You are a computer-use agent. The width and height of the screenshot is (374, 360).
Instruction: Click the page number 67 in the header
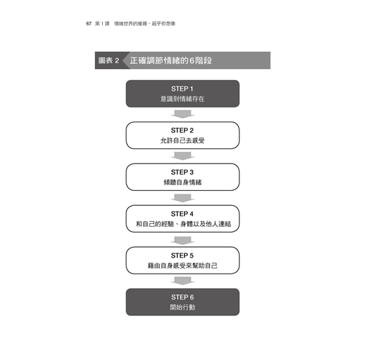pos(88,24)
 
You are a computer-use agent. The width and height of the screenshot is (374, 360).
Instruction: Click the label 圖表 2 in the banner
pos(109,60)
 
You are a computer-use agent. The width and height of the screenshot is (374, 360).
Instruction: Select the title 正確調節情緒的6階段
pos(171,60)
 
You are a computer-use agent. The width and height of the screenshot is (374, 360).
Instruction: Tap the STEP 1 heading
pos(182,89)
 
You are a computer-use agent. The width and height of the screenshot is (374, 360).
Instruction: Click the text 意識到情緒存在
pos(183,99)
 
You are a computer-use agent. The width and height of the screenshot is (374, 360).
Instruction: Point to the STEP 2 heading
pos(182,130)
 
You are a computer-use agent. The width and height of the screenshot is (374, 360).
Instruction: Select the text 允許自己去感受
pos(183,140)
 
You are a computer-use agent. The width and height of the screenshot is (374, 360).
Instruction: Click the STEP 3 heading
pos(182,172)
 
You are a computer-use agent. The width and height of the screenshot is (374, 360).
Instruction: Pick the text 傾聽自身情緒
pos(183,182)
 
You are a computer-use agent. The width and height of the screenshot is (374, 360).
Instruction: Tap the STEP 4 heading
pos(182,214)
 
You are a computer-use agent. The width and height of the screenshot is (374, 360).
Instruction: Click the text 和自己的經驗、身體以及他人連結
pos(183,224)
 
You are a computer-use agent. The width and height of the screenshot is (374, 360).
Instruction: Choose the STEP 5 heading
pos(182,256)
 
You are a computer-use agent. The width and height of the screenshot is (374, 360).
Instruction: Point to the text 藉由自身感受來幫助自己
pos(183,266)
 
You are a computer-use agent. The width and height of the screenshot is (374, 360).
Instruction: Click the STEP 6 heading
pos(183,297)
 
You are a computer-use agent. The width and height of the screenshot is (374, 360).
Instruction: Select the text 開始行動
pos(183,307)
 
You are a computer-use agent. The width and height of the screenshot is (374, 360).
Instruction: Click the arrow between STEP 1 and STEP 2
pos(183,114)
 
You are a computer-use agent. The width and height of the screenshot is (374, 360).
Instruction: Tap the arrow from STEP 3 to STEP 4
pos(183,198)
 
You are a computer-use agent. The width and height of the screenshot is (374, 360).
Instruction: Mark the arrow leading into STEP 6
pos(183,281)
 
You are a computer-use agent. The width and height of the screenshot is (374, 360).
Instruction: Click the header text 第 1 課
pos(102,24)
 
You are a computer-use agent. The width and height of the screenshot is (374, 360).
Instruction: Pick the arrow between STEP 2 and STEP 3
pos(183,156)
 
